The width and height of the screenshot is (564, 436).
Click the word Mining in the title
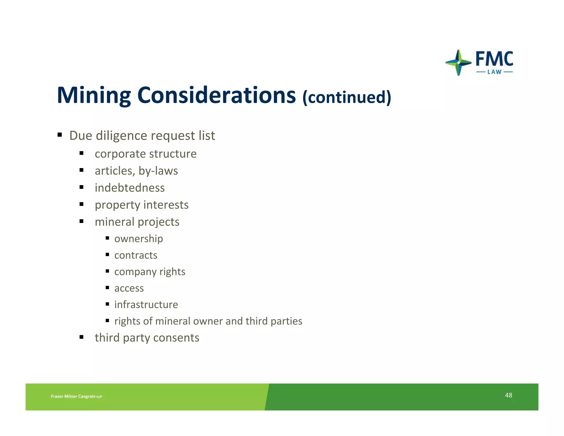tap(94, 95)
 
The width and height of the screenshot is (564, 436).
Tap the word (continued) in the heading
tap(346, 97)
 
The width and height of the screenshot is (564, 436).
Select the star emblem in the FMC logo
tap(458, 63)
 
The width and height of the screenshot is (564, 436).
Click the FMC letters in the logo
tap(494, 59)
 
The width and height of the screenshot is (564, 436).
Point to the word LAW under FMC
tap(494, 72)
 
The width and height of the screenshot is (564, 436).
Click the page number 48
tap(508, 395)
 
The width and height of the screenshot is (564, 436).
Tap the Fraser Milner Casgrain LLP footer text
tap(76, 396)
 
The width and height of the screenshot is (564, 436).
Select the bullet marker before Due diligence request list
tap(59, 135)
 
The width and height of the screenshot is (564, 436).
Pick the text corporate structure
tap(145, 154)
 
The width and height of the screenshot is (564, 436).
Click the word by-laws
tap(158, 171)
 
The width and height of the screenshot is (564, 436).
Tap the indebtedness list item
tap(130, 188)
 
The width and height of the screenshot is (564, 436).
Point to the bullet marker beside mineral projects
tap(81, 221)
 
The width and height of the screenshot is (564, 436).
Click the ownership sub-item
tap(139, 239)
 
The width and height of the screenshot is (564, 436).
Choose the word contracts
tap(136, 255)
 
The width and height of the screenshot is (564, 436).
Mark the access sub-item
tap(129, 288)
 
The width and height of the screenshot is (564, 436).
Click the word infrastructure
tap(146, 305)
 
